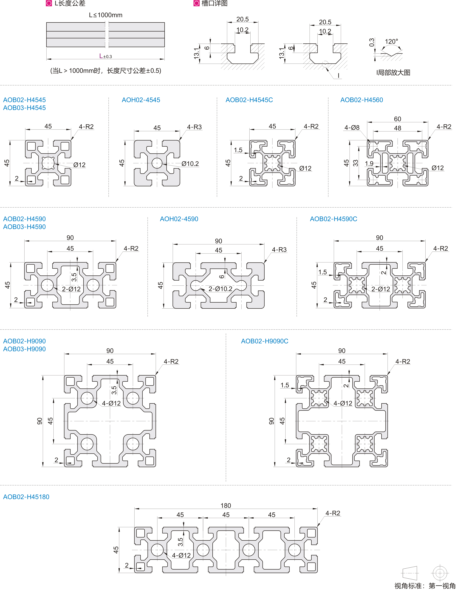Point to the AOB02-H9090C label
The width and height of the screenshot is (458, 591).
[264, 341]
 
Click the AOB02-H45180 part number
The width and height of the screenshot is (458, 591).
[26, 497]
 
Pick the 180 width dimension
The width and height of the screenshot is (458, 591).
[226, 505]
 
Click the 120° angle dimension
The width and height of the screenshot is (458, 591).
[391, 41]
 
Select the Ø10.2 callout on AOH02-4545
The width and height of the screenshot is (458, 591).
[190, 164]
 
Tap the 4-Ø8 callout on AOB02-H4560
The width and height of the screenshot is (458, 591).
[352, 127]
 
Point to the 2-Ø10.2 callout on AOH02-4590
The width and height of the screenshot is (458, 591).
[220, 289]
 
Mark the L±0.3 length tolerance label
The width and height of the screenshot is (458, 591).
[105, 56]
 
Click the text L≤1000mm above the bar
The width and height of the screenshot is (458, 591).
[106, 15]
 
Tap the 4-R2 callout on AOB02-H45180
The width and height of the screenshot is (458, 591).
[333, 513]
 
